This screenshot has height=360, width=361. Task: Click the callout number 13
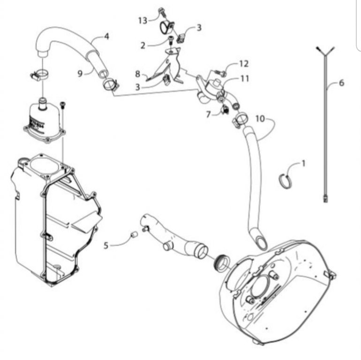[x=143, y=21]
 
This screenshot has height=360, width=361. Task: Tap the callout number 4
[x=106, y=36]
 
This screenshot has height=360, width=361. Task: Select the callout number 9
[x=80, y=74]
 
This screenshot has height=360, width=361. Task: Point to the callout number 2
[x=143, y=45]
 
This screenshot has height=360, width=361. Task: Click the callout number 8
[x=137, y=74]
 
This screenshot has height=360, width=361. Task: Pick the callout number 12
[x=244, y=64]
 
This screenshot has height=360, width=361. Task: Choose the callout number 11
[x=245, y=79]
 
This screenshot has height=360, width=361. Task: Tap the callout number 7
[x=208, y=114]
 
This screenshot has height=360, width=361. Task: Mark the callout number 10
[x=260, y=119]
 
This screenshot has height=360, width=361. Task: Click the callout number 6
[x=342, y=82]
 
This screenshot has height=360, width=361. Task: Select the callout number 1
[x=303, y=164]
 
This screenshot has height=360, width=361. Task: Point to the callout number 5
[x=105, y=246]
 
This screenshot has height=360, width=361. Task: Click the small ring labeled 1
[x=286, y=181]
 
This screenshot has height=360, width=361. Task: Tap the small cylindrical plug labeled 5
[x=134, y=235]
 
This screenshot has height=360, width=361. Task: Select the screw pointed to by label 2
[x=171, y=42]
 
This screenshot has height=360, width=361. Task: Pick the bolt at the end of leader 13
[x=161, y=12]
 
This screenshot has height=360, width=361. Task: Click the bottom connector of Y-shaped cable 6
[x=325, y=198]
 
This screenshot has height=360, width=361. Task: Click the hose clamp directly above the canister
[x=40, y=75]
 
